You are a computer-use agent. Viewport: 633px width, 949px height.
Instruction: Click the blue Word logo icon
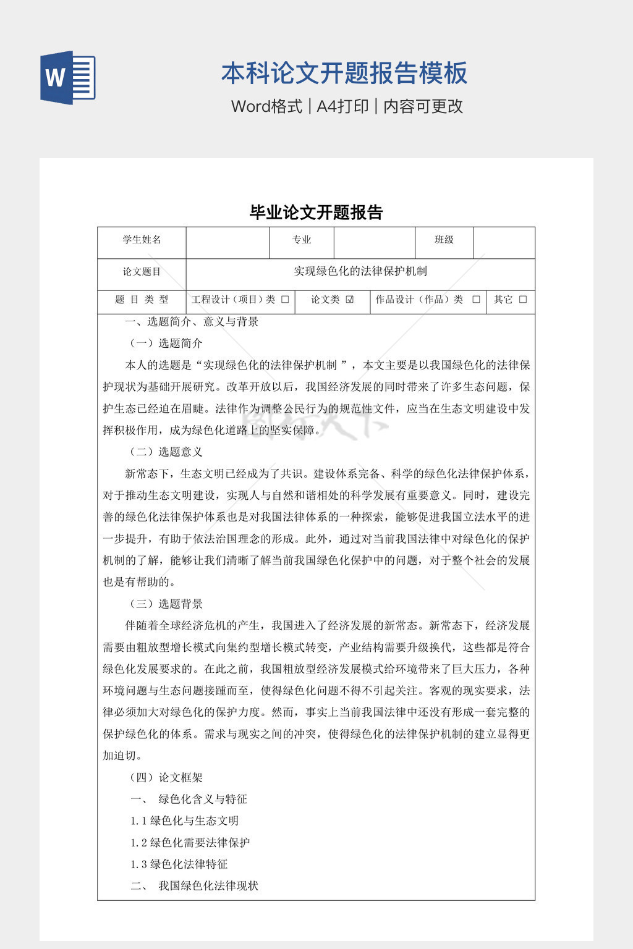tap(67, 77)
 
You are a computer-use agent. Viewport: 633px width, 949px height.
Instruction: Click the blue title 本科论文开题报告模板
tap(344, 73)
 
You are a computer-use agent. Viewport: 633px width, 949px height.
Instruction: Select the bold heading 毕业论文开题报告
tap(316, 213)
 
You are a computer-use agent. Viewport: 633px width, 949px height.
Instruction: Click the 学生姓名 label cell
tap(142, 240)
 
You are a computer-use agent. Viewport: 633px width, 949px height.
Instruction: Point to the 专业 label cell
tap(302, 240)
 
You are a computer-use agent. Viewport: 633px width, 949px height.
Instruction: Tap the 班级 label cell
tap(444, 240)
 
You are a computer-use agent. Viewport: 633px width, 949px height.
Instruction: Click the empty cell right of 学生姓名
tap(227, 242)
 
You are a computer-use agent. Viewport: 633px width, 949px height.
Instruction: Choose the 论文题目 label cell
tap(142, 272)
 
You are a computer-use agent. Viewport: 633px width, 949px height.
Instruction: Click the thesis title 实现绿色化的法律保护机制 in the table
tap(360, 271)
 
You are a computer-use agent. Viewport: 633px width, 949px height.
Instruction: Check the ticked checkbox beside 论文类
tap(350, 300)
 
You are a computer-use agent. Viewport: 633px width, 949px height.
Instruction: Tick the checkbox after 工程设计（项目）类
tap(285, 300)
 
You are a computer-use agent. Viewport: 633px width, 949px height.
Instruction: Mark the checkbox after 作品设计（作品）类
tap(476, 300)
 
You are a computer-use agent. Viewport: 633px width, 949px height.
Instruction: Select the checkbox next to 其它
tap(523, 300)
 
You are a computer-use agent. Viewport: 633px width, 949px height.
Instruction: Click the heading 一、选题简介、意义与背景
tap(192, 322)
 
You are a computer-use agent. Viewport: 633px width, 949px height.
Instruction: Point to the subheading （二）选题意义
tap(165, 452)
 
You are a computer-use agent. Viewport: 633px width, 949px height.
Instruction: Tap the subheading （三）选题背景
tap(165, 604)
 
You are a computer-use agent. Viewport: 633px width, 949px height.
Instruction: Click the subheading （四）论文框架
tap(165, 778)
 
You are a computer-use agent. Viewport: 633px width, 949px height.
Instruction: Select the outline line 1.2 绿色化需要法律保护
tap(190, 843)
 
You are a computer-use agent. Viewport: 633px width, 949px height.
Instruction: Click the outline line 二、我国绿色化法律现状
tap(195, 886)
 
